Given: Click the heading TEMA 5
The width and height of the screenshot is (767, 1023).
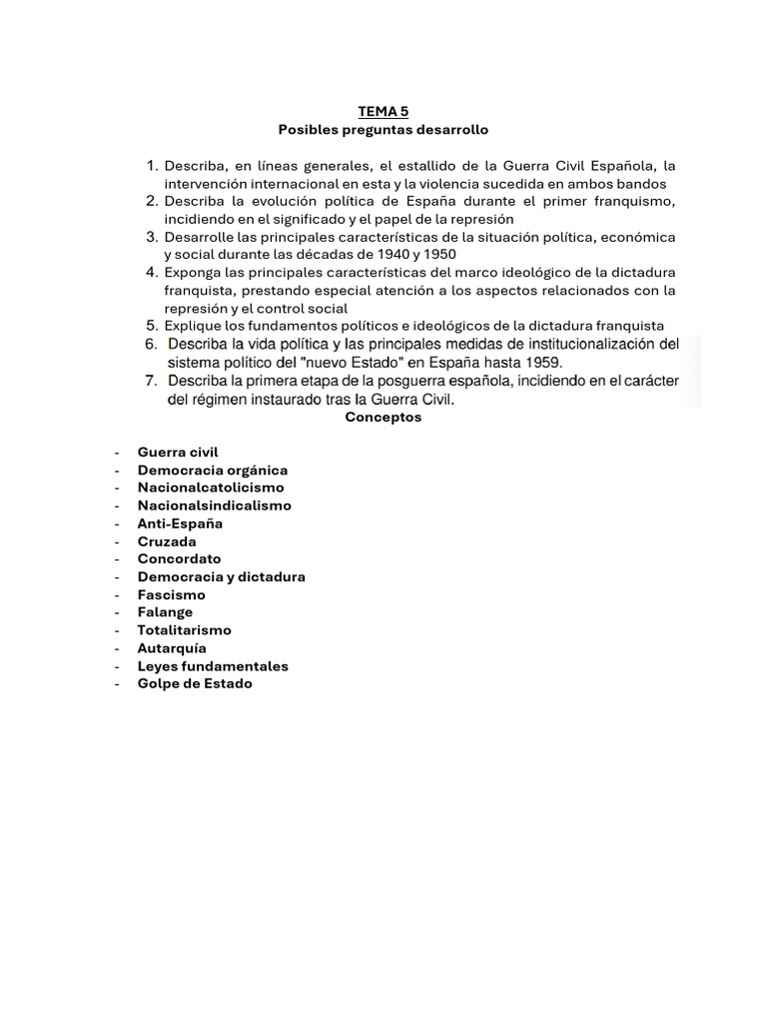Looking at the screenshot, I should (x=383, y=112).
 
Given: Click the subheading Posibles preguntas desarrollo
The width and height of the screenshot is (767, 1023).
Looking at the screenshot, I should (x=383, y=130).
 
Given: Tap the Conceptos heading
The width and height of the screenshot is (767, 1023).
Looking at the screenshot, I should (x=383, y=418).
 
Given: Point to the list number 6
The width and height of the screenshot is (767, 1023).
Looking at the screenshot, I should (x=152, y=344).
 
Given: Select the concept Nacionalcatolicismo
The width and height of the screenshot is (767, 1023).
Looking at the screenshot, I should (x=211, y=488).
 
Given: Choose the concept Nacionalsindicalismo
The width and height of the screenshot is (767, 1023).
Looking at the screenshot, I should (x=215, y=506).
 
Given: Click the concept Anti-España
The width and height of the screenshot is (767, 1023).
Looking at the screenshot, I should (x=180, y=523).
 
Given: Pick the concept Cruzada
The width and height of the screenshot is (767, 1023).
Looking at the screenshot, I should (x=167, y=541).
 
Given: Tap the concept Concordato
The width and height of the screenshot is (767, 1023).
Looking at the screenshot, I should (x=180, y=559).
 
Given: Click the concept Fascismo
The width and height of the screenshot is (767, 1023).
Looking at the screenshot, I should (x=172, y=595).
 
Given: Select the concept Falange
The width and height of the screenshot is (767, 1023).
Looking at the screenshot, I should (x=166, y=612).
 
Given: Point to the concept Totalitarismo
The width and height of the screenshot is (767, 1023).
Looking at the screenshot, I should (x=185, y=630).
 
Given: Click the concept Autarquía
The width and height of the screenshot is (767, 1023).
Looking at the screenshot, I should (x=173, y=648).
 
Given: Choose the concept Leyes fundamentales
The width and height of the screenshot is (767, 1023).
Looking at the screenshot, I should (x=213, y=666).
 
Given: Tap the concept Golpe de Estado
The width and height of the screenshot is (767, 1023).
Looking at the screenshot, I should (x=195, y=684).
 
